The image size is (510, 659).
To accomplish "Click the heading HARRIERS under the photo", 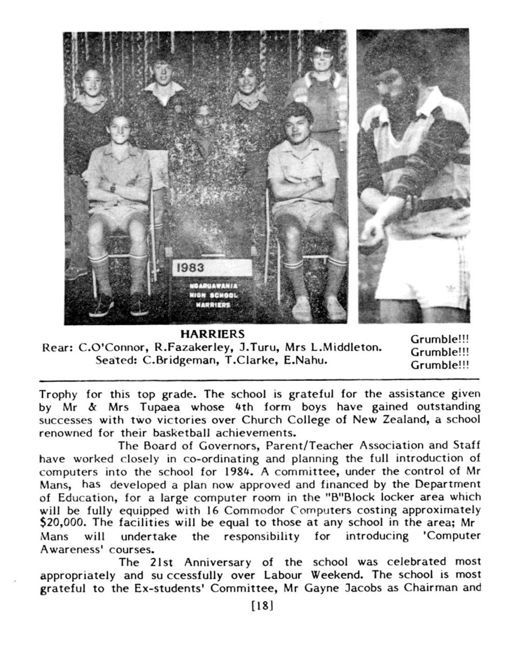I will pos(213,334).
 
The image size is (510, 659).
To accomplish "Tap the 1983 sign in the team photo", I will pos(212,268).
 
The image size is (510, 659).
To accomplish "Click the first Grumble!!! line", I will pos(440,339).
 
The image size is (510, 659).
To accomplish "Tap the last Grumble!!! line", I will pos(440,365).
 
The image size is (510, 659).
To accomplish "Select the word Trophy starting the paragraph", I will pos(58,395).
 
